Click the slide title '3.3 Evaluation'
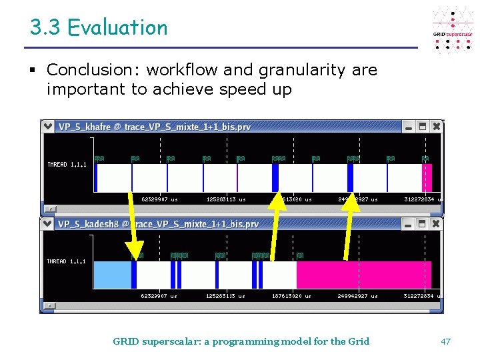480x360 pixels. point(99,28)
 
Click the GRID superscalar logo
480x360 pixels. point(453,30)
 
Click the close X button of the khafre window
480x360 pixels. point(436,126)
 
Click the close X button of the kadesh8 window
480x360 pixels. point(436,224)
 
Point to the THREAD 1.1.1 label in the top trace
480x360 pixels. point(67,164)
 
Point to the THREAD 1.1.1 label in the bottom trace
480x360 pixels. point(67,261)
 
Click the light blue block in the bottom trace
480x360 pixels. point(112,275)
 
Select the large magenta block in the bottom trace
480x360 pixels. point(363,275)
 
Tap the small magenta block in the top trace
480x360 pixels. point(427,178)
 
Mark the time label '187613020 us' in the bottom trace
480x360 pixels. point(291,296)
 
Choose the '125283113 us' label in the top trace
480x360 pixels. point(226,199)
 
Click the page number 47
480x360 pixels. point(446,341)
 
